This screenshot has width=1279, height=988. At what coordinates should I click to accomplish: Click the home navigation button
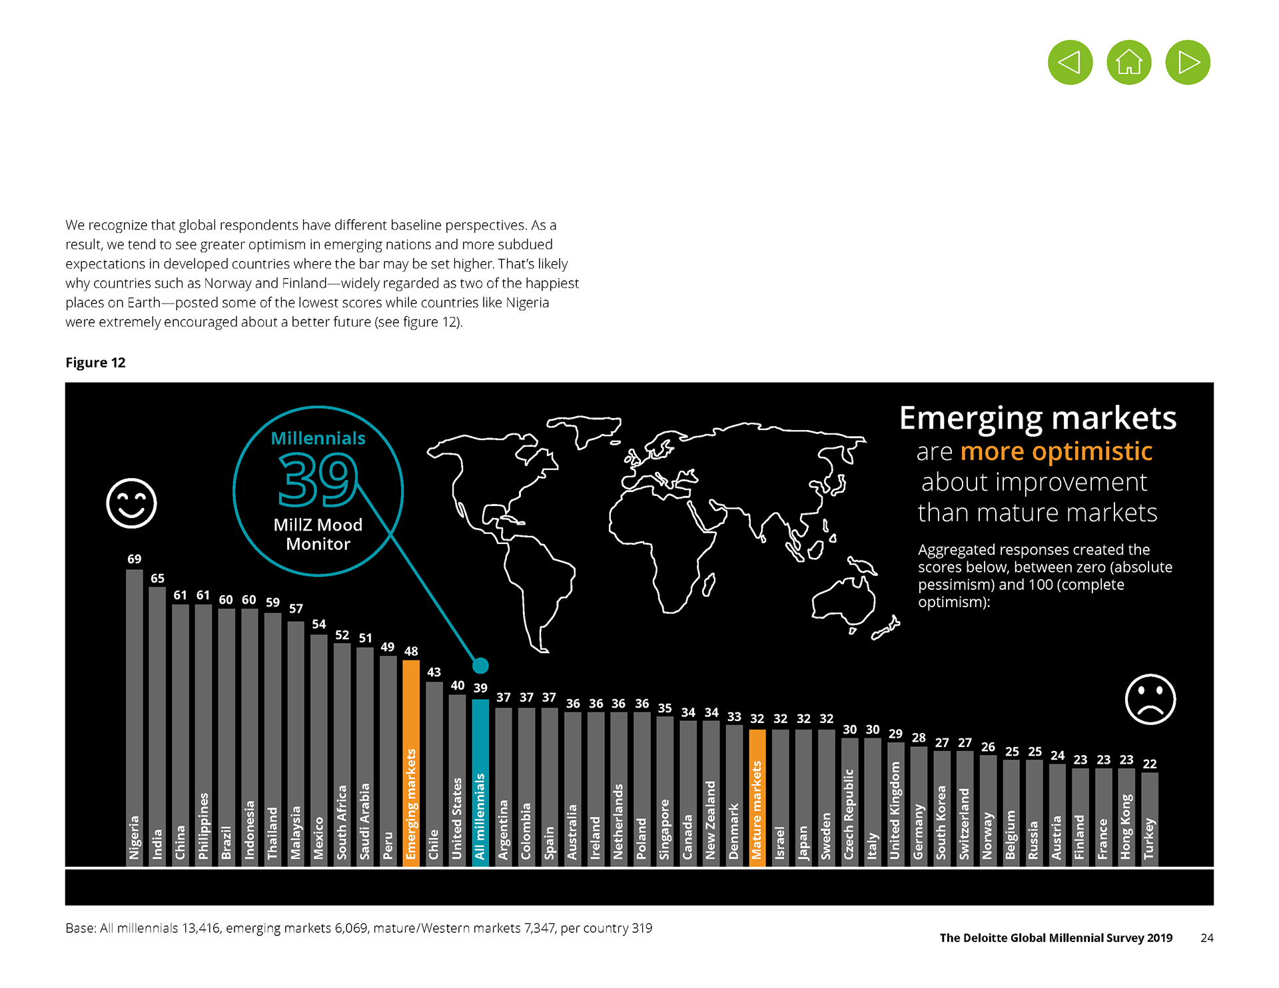click(1128, 63)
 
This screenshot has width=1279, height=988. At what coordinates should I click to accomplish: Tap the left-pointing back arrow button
click(1070, 63)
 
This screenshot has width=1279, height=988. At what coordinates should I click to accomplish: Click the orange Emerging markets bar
click(411, 762)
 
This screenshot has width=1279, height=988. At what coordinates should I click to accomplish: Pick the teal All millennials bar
click(480, 782)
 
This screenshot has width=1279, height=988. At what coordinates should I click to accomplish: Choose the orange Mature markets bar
click(757, 797)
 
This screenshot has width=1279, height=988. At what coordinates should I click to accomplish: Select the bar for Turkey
click(1149, 819)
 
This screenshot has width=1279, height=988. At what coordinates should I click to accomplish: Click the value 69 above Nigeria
click(135, 559)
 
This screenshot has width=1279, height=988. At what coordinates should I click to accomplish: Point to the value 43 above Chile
click(434, 672)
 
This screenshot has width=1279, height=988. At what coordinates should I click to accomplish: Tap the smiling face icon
click(131, 503)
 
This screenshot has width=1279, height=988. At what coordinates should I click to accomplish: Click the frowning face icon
click(1150, 699)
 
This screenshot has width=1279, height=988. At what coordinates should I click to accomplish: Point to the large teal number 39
click(318, 479)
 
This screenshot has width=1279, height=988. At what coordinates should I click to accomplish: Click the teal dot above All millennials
click(480, 665)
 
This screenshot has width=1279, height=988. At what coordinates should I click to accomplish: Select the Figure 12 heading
click(95, 363)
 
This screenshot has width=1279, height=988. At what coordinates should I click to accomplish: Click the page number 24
click(1206, 938)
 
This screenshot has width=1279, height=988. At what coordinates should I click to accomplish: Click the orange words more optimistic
click(1056, 451)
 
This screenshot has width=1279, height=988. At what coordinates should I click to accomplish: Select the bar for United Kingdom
click(895, 804)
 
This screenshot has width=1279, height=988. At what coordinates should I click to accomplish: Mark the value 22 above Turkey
click(1150, 764)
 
